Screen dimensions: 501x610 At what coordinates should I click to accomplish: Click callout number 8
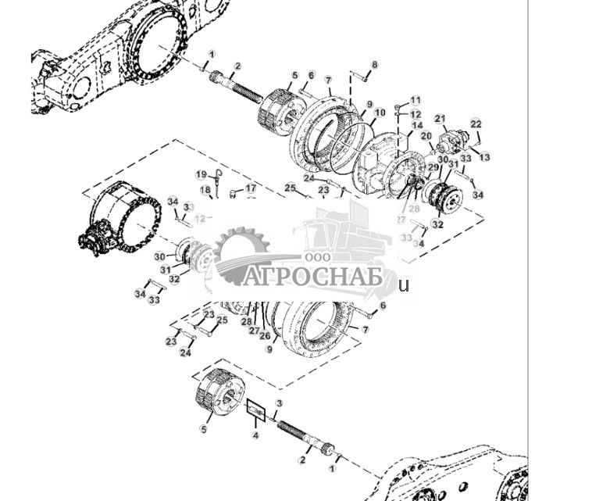375,65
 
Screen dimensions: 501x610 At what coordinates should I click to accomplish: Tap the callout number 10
380,113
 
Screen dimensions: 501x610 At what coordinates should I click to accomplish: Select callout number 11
416,101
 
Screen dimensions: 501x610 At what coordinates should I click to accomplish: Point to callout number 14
417,125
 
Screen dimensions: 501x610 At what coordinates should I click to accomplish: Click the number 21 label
440,119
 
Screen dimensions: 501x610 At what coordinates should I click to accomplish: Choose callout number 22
476,124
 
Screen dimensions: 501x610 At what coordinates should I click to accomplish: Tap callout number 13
484,157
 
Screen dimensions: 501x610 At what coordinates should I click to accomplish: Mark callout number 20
426,136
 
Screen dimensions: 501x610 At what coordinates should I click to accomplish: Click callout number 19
201,175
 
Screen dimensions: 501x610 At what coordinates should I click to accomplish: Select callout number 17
251,188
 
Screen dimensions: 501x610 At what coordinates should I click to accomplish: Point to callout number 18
205,190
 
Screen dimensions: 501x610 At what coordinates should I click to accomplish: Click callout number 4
255,435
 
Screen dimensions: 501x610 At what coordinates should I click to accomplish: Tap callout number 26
265,336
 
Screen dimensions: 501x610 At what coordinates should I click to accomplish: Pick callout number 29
433,167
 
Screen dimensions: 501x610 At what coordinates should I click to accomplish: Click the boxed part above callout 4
256,410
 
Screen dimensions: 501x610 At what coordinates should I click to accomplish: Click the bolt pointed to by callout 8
359,76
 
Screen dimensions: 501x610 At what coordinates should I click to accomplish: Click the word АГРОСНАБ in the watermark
312,277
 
